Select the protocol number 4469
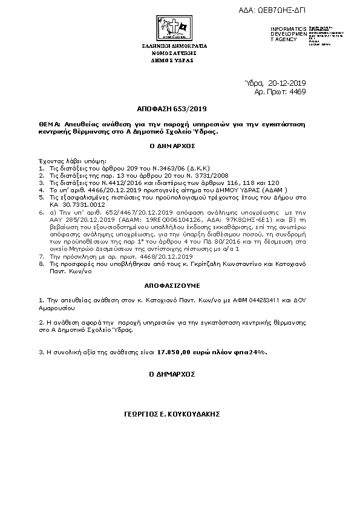(x=298, y=91)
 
